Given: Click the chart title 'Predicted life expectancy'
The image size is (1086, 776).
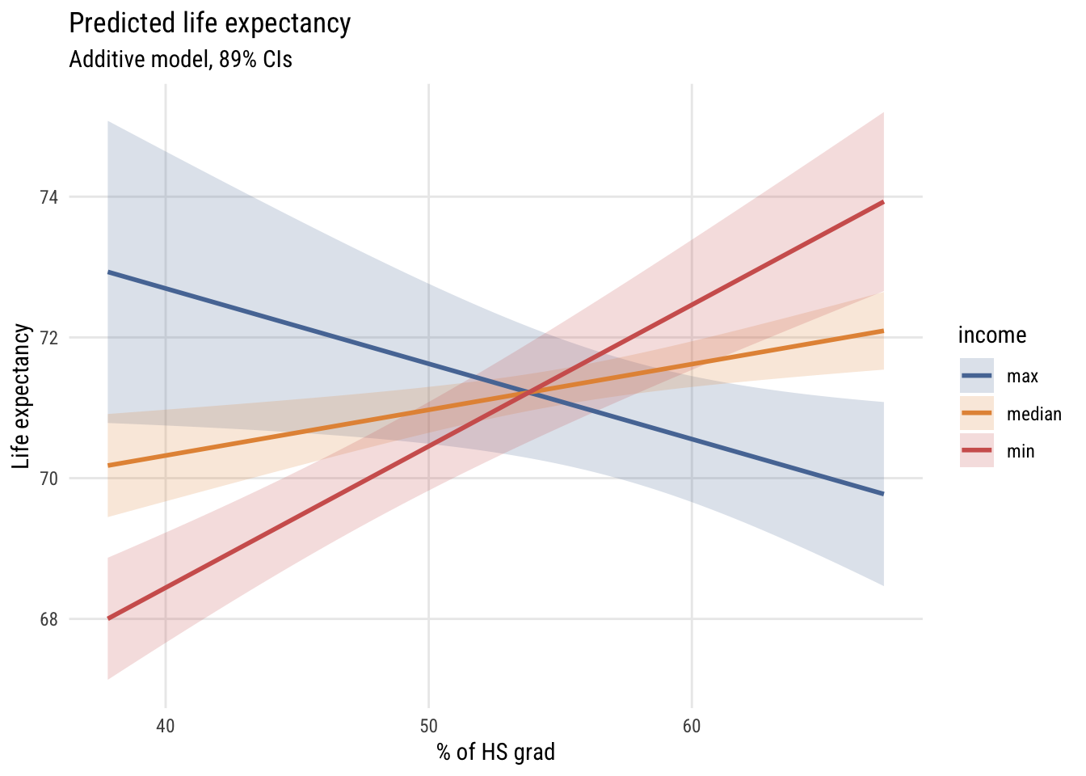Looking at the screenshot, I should point(210,23).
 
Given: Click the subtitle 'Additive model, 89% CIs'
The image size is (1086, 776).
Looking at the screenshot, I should point(180,60).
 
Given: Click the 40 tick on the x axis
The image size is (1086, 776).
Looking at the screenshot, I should point(165,726).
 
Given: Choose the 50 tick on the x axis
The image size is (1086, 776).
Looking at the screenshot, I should point(428,726).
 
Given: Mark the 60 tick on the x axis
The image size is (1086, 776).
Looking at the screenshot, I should point(692,726).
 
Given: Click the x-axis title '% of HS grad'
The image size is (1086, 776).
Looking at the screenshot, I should point(496,753).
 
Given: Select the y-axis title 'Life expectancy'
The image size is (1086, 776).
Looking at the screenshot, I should point(22,396).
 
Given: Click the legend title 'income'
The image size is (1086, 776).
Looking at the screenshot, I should point(992,335).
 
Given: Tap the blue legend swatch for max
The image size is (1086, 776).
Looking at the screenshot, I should point(976,376).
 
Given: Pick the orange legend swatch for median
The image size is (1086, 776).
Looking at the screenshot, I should point(976,413).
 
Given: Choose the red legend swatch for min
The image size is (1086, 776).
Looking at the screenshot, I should point(976,450).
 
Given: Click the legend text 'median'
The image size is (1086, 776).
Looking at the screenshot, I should point(1033,415).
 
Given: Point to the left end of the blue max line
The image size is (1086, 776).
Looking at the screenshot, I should point(108,272).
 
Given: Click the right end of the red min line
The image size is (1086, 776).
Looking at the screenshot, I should point(883,202).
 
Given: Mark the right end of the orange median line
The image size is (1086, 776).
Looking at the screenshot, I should point(883,331).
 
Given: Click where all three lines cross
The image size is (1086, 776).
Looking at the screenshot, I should point(529,393).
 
